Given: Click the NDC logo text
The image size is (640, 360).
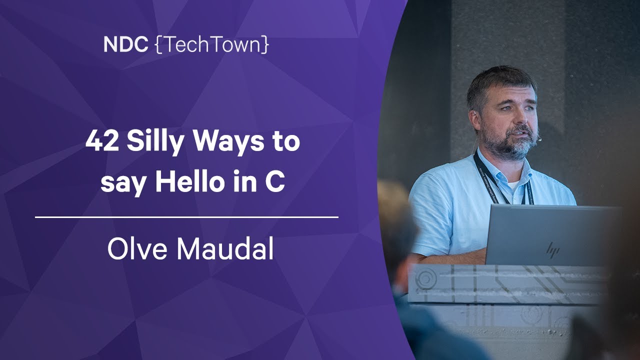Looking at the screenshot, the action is [126, 44].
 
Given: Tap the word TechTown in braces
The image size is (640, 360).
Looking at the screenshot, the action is [212, 44].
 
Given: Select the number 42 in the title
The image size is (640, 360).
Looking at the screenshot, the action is [102, 141].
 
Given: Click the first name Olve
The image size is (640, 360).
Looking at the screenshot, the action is [137, 248].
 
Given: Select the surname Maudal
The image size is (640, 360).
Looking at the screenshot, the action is [225, 248].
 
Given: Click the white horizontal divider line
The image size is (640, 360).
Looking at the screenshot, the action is [186, 217].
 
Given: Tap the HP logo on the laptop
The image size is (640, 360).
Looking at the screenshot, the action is [552, 249].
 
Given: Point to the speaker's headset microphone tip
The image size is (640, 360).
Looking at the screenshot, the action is [539, 139].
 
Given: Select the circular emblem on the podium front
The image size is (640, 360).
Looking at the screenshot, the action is [425, 277].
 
